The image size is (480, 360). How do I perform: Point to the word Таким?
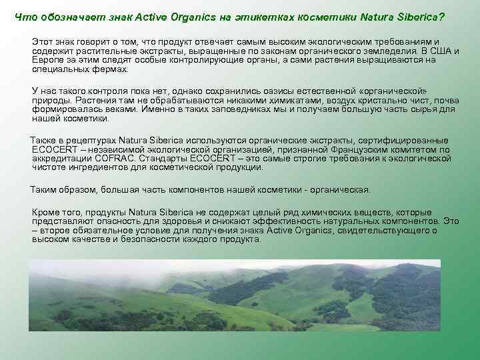click(45, 190)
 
